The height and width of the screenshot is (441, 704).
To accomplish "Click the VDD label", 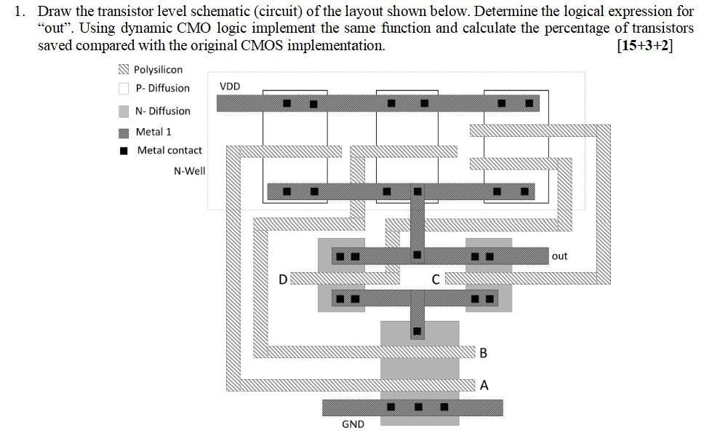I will [x=229, y=87].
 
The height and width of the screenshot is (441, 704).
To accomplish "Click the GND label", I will [x=353, y=424].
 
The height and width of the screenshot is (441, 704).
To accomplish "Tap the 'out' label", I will [x=559, y=256].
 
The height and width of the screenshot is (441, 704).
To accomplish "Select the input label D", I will [x=283, y=279].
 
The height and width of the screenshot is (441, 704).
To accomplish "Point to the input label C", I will [x=435, y=279].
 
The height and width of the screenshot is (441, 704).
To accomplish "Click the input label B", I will [x=484, y=354].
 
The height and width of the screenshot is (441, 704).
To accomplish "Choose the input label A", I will [x=484, y=385].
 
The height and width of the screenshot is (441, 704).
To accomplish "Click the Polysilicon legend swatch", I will [x=124, y=70].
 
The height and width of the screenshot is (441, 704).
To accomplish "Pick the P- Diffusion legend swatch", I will [x=124, y=89].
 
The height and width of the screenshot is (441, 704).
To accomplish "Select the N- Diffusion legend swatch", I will [x=124, y=111].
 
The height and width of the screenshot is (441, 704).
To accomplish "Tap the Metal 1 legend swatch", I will [x=124, y=132].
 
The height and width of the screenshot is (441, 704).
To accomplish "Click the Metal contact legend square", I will [x=124, y=151].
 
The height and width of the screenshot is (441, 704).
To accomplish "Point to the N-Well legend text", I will [x=189, y=171].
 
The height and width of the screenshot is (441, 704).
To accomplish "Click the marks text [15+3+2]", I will [x=644, y=45].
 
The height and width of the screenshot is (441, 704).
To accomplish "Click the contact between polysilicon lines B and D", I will [x=417, y=332].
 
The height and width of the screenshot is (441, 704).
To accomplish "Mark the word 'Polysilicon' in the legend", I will [x=158, y=70].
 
